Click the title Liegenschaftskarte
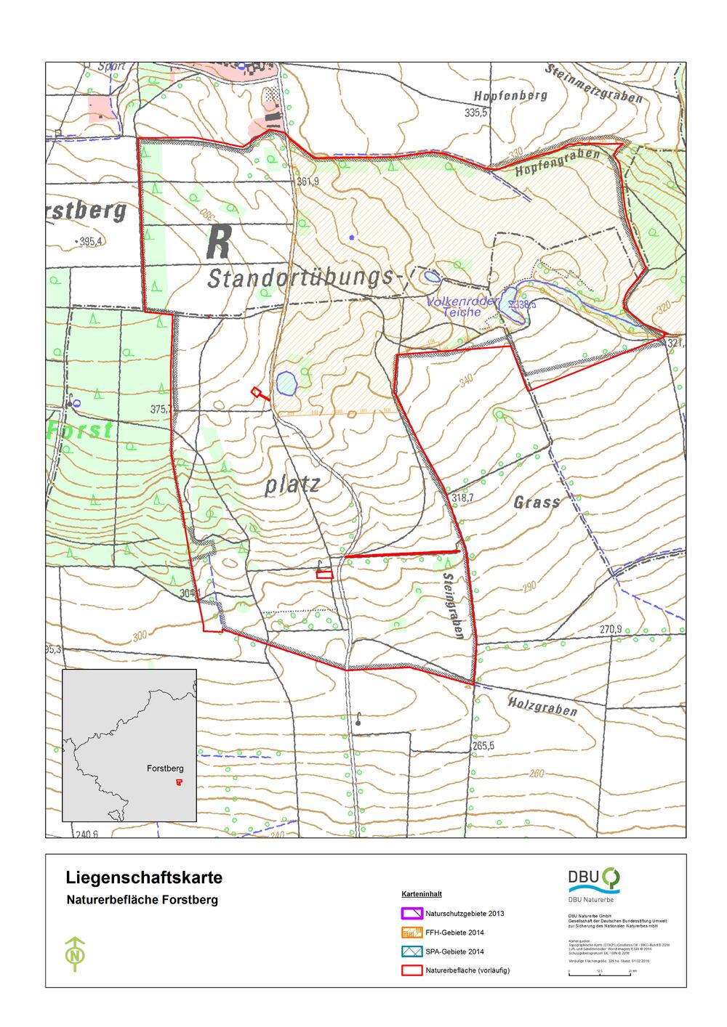point(144,877)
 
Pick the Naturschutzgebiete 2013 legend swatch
point(411,914)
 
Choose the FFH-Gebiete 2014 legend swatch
point(411,933)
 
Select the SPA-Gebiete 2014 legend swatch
point(411,951)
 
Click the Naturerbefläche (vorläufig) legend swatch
point(411,970)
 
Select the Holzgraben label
point(543,705)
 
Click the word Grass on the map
point(537,502)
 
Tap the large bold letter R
point(219,243)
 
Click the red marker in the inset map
point(179,782)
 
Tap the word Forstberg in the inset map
point(165,768)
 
